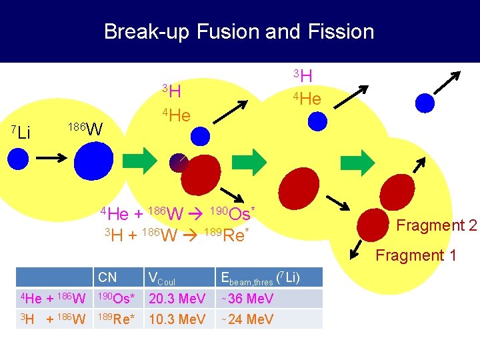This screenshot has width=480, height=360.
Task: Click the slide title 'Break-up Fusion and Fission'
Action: coord(239,31)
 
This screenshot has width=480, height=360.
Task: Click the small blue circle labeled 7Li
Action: coord(18,159)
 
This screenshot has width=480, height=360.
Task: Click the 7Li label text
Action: coord(22,131)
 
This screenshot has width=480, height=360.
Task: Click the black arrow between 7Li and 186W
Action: coord(51,159)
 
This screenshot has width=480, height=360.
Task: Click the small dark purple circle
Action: coord(179,163)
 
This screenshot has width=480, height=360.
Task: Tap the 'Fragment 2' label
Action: coord(436,225)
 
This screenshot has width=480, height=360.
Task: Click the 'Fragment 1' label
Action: coord(416,255)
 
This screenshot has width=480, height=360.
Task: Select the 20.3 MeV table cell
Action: coord(177,299)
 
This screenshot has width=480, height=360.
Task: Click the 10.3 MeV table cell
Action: coord(177,319)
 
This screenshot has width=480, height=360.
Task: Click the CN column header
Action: coord(107,277)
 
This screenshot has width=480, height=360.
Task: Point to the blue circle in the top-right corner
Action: coord(425,101)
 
